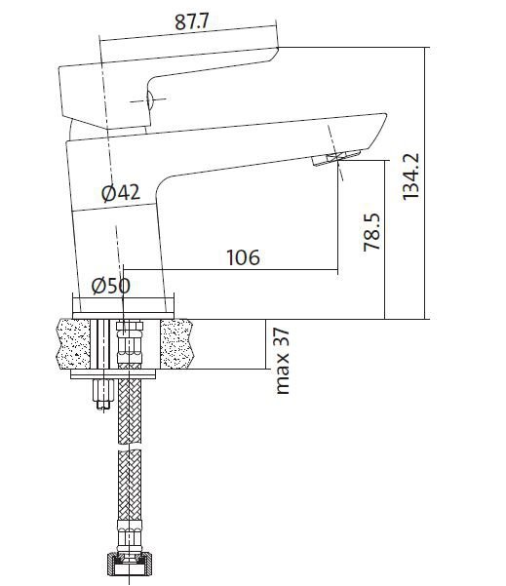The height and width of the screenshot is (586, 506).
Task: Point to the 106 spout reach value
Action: (x=243, y=257)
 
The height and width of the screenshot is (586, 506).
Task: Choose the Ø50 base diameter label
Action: (x=110, y=286)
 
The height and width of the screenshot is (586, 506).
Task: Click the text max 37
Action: (x=283, y=361)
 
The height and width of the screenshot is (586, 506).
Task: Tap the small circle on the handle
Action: (x=150, y=100)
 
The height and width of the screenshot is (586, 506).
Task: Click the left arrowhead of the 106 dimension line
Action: (x=131, y=270)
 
